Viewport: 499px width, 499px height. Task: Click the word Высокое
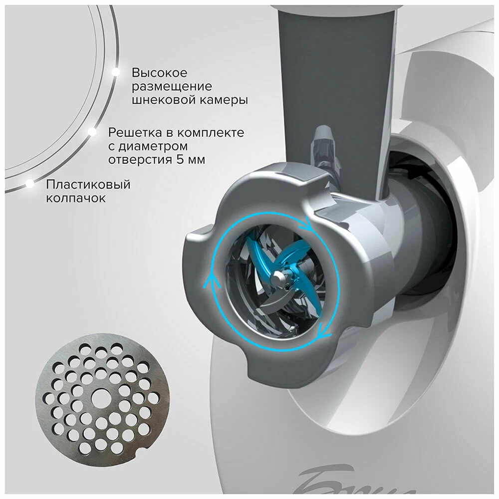coord(160,73)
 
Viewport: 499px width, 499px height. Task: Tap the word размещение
coord(172,86)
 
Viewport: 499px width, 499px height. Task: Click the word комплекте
coord(211,133)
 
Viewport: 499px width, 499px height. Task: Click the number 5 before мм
coord(179,159)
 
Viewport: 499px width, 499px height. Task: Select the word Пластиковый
coord(88,185)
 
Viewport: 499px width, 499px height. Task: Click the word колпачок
coord(76,198)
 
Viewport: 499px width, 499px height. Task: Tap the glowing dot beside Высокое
coord(115,72)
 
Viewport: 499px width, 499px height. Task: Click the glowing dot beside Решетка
coord(92,131)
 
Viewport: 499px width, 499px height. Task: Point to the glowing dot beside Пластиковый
coord(30,183)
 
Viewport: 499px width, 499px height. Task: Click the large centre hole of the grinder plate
coord(100,398)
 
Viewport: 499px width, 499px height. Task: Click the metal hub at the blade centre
coord(280,278)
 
